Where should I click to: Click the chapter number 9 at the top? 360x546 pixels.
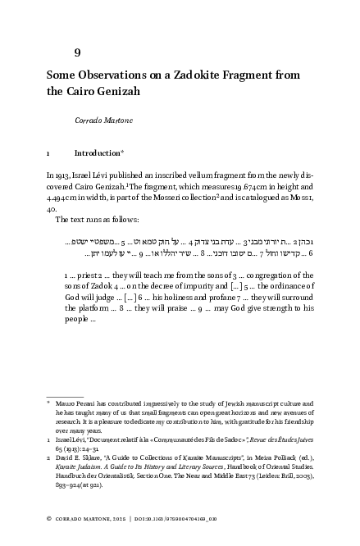(77, 52)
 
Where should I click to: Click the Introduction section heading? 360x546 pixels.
(97, 152)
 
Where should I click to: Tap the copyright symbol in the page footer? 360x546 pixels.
(48, 520)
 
